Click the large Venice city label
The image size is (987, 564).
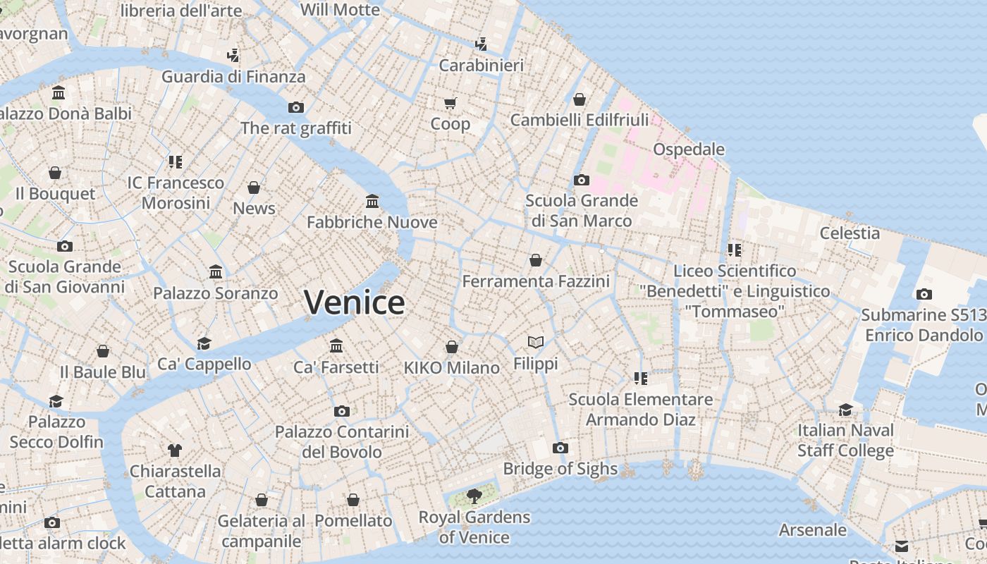(355, 302)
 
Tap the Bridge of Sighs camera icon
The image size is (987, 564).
(560, 448)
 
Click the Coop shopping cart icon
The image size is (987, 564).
(450, 104)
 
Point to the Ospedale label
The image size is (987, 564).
(689, 149)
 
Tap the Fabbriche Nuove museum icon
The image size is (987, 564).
(372, 202)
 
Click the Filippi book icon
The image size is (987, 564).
(536, 343)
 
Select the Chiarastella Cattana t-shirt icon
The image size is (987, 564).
(175, 450)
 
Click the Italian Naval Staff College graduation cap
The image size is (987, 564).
(845, 410)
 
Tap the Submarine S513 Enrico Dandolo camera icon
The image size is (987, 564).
(924, 295)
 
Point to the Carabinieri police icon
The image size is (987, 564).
(481, 44)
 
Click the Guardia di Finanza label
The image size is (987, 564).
(233, 77)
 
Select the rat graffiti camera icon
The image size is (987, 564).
(296, 107)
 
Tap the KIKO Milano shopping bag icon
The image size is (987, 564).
(451, 348)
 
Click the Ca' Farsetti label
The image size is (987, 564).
(336, 367)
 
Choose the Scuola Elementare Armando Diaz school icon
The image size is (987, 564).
(640, 379)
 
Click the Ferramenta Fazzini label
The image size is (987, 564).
(536, 281)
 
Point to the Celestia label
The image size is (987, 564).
(850, 233)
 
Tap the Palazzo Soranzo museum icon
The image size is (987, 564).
(216, 272)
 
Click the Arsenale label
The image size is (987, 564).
(813, 529)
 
